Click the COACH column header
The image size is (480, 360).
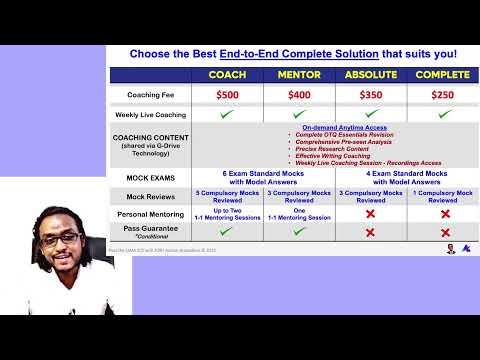click(227, 75)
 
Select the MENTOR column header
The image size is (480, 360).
click(298, 75)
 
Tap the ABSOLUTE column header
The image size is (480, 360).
click(370, 75)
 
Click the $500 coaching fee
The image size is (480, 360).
click(227, 95)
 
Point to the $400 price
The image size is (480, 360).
click(298, 95)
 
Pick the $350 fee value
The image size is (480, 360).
click(370, 95)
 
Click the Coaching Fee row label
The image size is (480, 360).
click(151, 95)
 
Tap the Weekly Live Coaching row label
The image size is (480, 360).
click(151, 115)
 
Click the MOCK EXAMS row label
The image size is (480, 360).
click(151, 176)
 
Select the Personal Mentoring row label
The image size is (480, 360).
click(151, 214)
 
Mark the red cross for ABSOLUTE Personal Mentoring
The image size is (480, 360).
click(370, 214)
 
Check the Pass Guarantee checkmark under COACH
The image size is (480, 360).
click(227, 231)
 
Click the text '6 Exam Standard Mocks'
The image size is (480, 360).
click(263, 172)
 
